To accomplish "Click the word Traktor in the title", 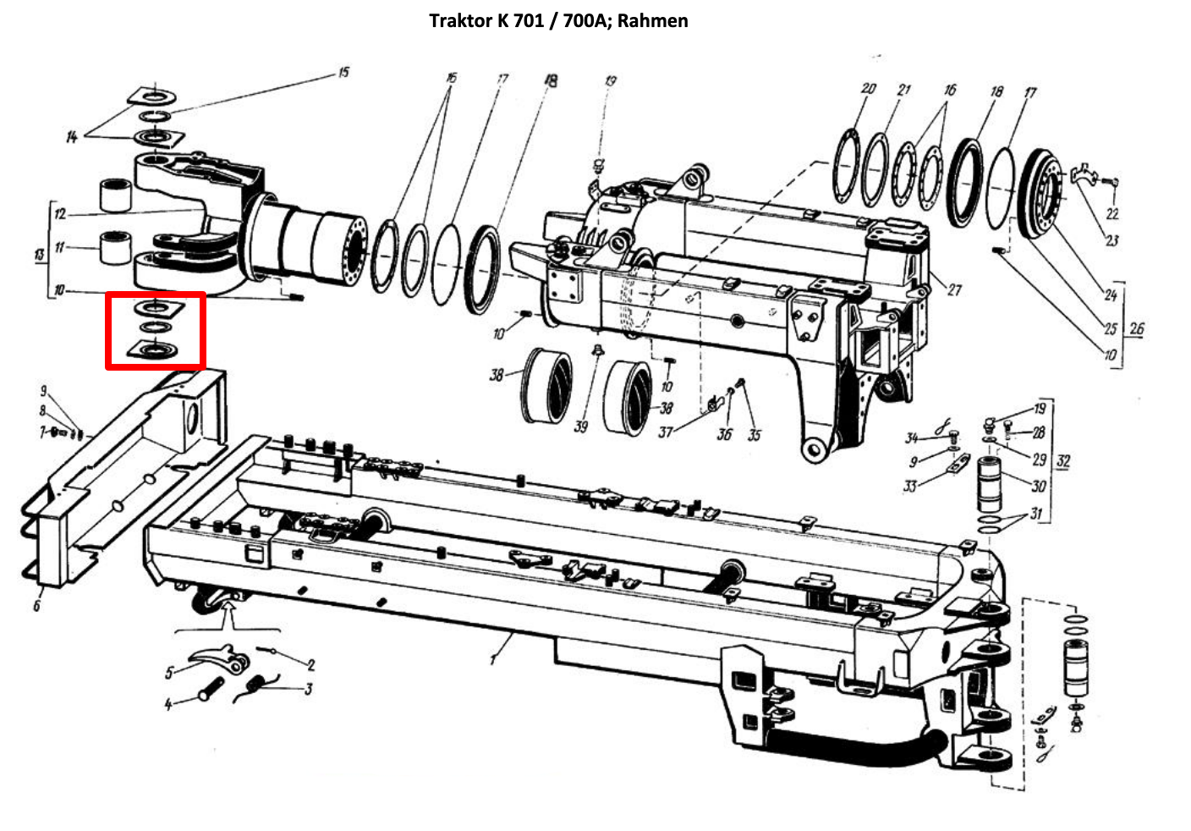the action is (461, 21).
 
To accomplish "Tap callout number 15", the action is (343, 72).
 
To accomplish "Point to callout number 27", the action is (954, 290).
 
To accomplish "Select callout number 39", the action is (581, 427).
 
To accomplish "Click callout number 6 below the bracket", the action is (36, 605).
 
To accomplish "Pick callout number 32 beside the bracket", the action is (1063, 460).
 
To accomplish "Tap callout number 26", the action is (1136, 328).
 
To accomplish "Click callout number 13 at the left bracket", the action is (40, 255).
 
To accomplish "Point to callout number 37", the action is (666, 432).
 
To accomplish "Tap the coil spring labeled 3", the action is (255, 687).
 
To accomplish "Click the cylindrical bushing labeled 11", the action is (115, 247).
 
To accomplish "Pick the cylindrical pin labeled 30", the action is (989, 483).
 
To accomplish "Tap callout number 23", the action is (1111, 240).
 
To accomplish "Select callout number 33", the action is (909, 487).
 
